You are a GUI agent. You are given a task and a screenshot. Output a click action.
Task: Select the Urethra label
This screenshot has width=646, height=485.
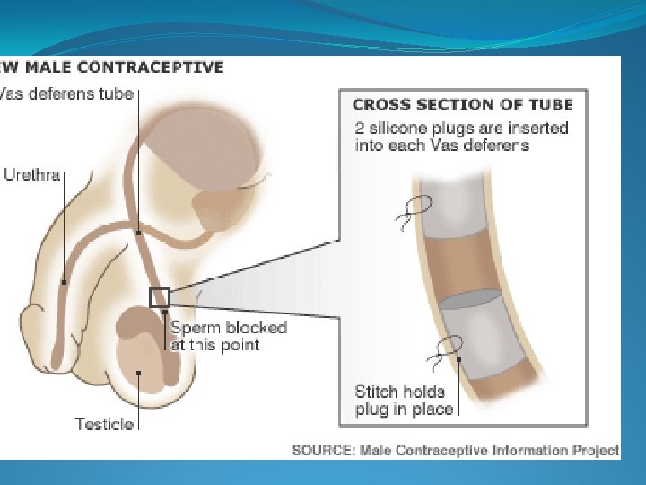pos(31,175)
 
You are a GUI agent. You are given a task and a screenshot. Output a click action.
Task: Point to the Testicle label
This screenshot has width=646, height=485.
pos(104,424)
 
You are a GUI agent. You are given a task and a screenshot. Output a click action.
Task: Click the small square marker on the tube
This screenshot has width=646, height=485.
pos(159,296)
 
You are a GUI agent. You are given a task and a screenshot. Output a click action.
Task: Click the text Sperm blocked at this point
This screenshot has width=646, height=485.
pos(228,336)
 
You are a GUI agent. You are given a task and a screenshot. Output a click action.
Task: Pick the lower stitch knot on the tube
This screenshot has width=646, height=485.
pos(446,348)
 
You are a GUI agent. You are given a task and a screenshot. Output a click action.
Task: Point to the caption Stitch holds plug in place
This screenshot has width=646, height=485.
pos(404,401)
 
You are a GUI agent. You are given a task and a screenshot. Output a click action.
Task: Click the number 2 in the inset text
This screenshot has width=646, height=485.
pos(360,128)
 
